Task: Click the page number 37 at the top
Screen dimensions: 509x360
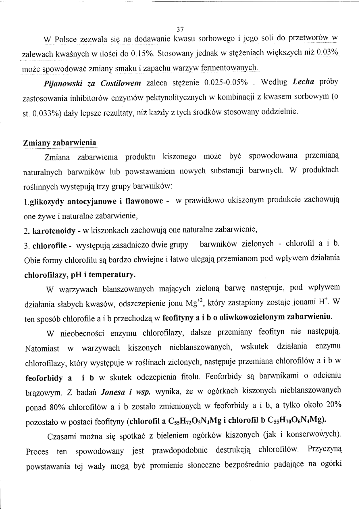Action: click(x=180, y=29)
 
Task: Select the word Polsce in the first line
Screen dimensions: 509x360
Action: click(x=65, y=39)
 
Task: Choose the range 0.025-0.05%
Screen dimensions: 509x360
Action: click(x=226, y=83)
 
